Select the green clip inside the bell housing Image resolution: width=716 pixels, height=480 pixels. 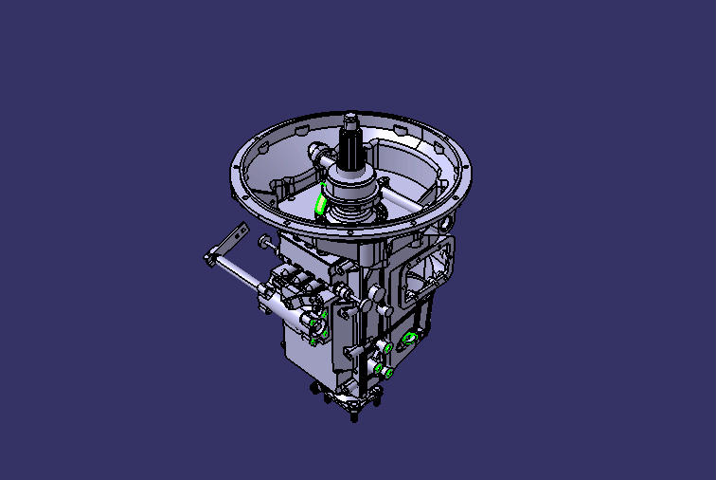coord(322,204)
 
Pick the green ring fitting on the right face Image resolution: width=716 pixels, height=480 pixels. coord(409,339)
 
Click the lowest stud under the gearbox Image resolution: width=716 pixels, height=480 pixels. coord(354,416)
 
